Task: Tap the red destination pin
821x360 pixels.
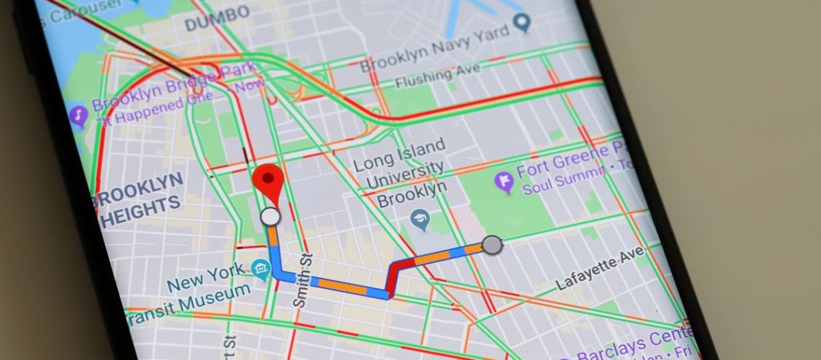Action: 269,180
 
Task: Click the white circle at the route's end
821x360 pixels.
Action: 270,216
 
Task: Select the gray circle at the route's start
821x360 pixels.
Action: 492,245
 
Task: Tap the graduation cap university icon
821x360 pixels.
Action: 421,220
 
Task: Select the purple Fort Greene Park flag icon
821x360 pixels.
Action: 506,181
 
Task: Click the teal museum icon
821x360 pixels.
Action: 260,271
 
